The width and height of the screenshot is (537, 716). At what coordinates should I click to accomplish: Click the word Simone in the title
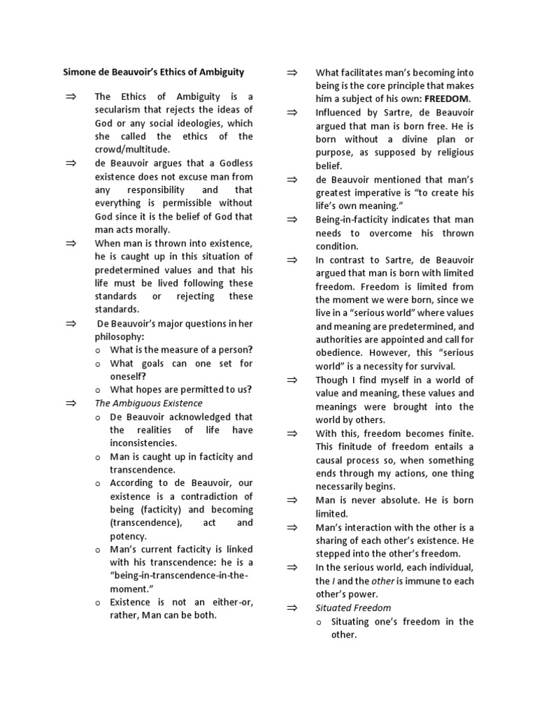pyautogui.click(x=82, y=71)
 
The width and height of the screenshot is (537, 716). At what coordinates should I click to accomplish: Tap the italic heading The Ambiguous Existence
pyautogui.click(x=148, y=403)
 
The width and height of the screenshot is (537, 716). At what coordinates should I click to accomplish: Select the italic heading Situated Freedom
pyautogui.click(x=353, y=608)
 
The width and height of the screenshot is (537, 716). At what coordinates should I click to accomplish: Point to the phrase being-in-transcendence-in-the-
pyautogui.click(x=179, y=575)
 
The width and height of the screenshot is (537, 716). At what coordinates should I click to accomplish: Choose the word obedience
pyautogui.click(x=338, y=352)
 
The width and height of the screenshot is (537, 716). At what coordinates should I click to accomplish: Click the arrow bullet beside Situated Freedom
pyautogui.click(x=292, y=608)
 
